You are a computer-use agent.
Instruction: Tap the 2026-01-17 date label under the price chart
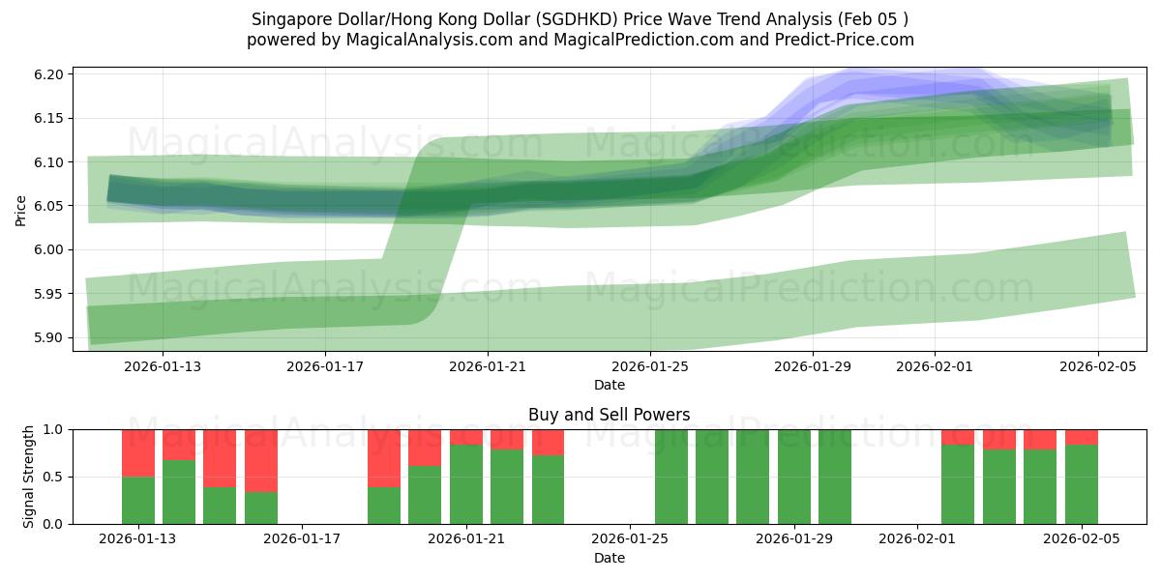click(324, 366)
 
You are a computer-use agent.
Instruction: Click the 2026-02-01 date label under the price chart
click(934, 366)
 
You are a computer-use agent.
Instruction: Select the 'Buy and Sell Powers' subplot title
click(609, 415)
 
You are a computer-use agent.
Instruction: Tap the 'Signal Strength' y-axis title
click(29, 477)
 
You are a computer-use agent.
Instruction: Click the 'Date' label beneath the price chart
click(609, 385)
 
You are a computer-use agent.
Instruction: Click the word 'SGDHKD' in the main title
click(545, 18)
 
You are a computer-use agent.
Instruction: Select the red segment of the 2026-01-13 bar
click(138, 452)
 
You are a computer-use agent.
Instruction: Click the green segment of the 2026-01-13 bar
click(138, 501)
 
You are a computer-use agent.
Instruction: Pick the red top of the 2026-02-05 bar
click(1081, 437)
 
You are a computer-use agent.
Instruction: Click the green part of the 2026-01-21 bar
click(466, 484)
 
